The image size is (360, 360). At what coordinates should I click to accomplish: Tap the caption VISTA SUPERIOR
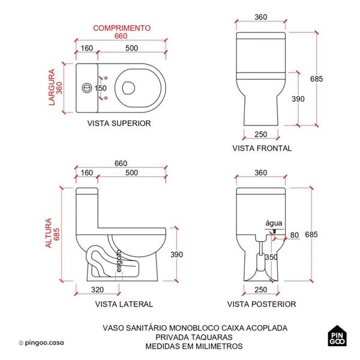pyautogui.click(x=119, y=123)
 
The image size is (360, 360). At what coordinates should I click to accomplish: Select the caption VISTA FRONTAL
pyautogui.click(x=262, y=148)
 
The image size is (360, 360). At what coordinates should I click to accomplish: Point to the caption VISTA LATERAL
pyautogui.click(x=124, y=304)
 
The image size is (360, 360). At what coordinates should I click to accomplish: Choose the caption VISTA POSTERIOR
pyautogui.click(x=261, y=304)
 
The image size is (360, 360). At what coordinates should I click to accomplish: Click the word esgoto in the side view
pyautogui.click(x=119, y=260)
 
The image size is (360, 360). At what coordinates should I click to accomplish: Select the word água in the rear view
pyautogui.click(x=273, y=223)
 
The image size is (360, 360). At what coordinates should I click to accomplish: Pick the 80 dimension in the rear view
pyautogui.click(x=294, y=234)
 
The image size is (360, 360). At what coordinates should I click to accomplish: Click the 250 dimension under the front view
pyautogui.click(x=260, y=134)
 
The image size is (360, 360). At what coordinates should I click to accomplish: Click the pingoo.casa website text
pyautogui.click(x=46, y=343)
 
